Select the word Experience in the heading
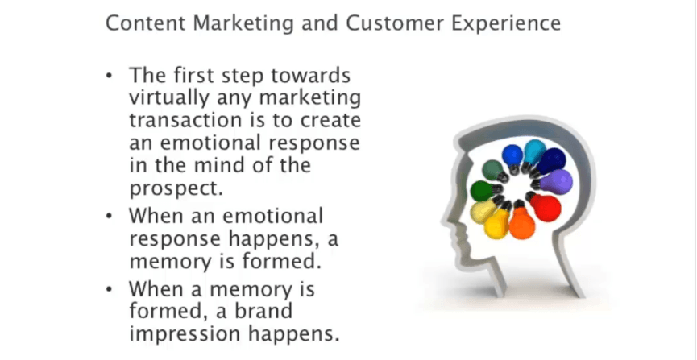506,23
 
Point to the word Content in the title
145,23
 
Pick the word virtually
169,98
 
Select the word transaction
183,121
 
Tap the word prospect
176,188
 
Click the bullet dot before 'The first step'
110,75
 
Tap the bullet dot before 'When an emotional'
110,216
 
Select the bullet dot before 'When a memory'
110,289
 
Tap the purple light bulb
553,182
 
